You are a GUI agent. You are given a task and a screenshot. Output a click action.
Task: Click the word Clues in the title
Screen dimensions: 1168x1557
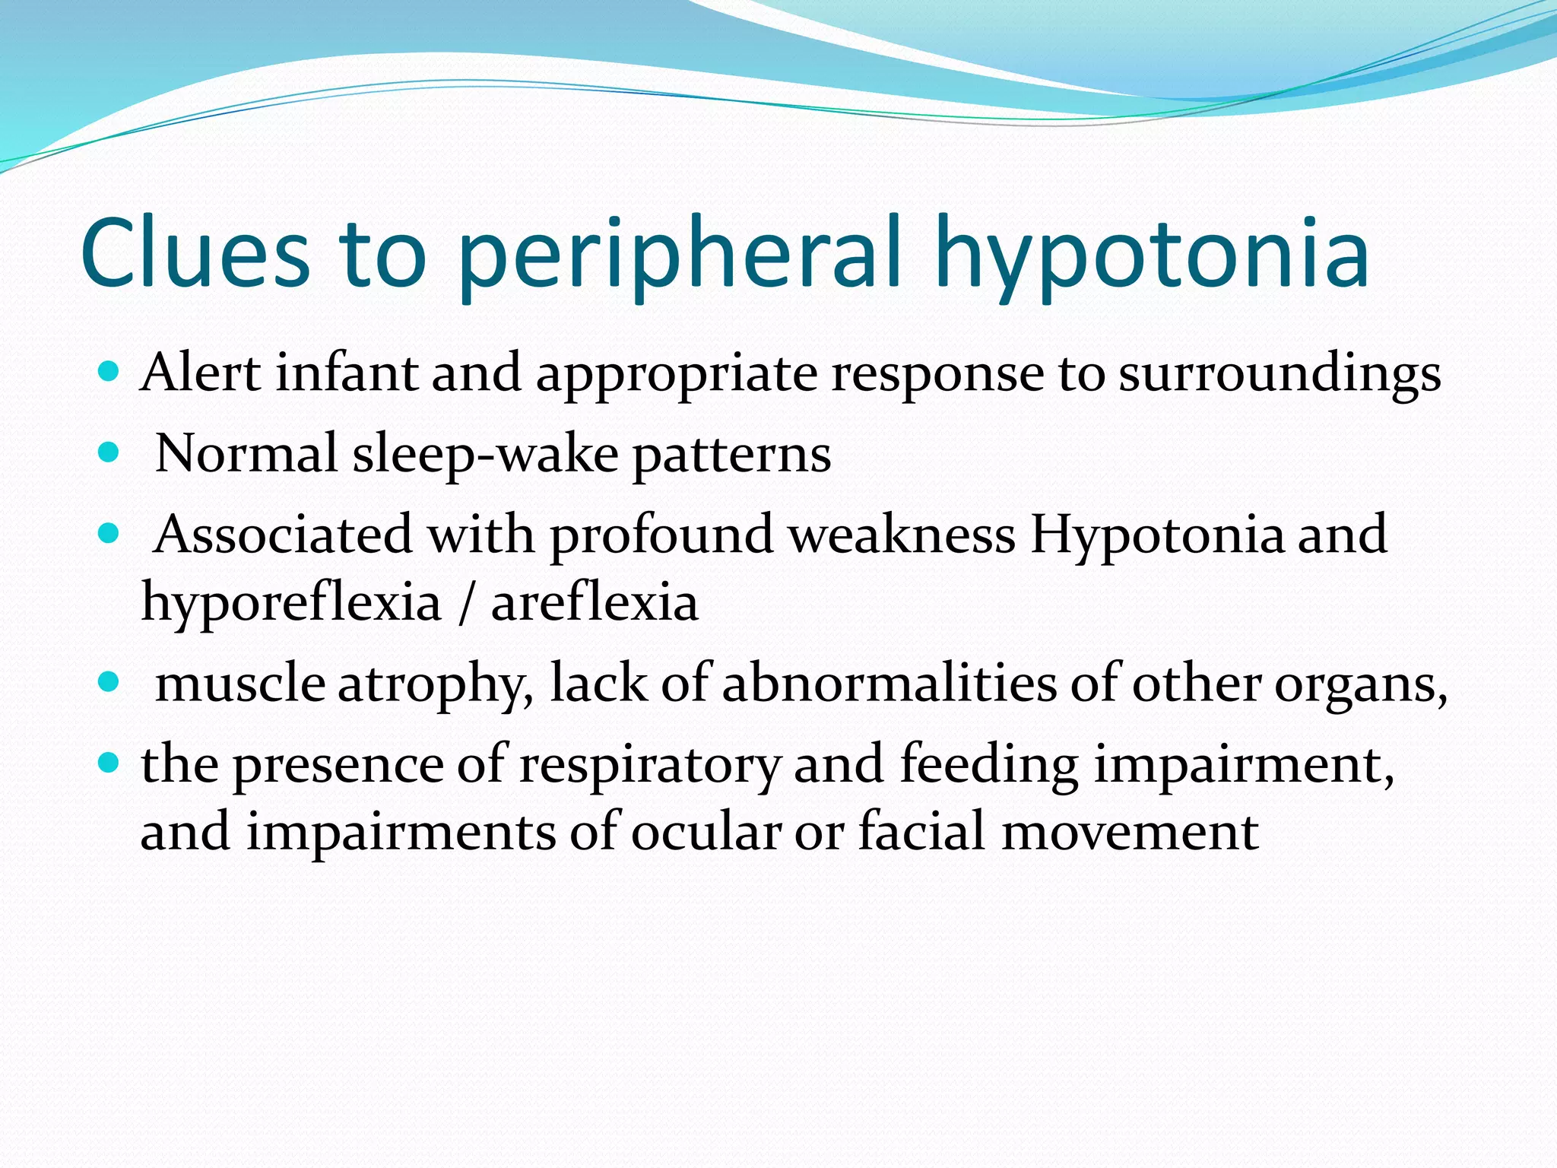click(x=195, y=253)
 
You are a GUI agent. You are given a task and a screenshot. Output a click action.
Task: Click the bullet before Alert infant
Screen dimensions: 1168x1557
click(x=109, y=372)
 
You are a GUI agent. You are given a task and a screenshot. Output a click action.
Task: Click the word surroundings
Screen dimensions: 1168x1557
click(x=1279, y=374)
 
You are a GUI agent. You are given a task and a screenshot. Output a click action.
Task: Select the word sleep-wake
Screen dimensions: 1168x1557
click(x=486, y=455)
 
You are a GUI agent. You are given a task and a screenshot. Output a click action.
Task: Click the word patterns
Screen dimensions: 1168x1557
click(x=731, y=455)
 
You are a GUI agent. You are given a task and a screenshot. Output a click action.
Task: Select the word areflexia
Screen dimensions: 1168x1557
click(x=595, y=603)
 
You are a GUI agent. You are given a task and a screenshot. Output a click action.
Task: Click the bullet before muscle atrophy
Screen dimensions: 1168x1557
click(x=109, y=682)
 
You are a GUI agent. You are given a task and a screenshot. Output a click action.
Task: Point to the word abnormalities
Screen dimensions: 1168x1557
click(x=889, y=683)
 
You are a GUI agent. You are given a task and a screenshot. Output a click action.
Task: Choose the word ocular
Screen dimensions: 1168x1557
click(x=706, y=831)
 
